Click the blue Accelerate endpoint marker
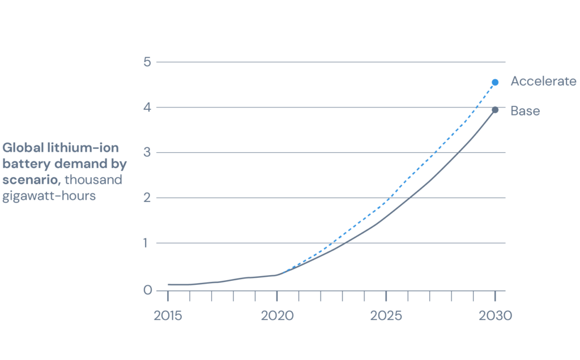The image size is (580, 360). click(495, 82)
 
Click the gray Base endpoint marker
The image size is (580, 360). click(495, 110)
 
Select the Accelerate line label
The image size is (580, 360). click(543, 82)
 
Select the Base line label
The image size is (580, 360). click(525, 111)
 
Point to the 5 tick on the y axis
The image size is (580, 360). click(147, 62)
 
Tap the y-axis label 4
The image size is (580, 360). click(147, 107)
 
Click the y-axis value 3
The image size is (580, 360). click(147, 152)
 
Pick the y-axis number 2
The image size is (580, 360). click(147, 198)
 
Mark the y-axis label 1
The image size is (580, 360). click(148, 243)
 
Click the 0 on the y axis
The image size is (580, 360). click(147, 290)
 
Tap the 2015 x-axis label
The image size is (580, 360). click(168, 316)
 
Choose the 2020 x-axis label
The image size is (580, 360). click(277, 316)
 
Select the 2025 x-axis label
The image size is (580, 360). click(386, 316)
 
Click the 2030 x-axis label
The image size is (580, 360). click(495, 316)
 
